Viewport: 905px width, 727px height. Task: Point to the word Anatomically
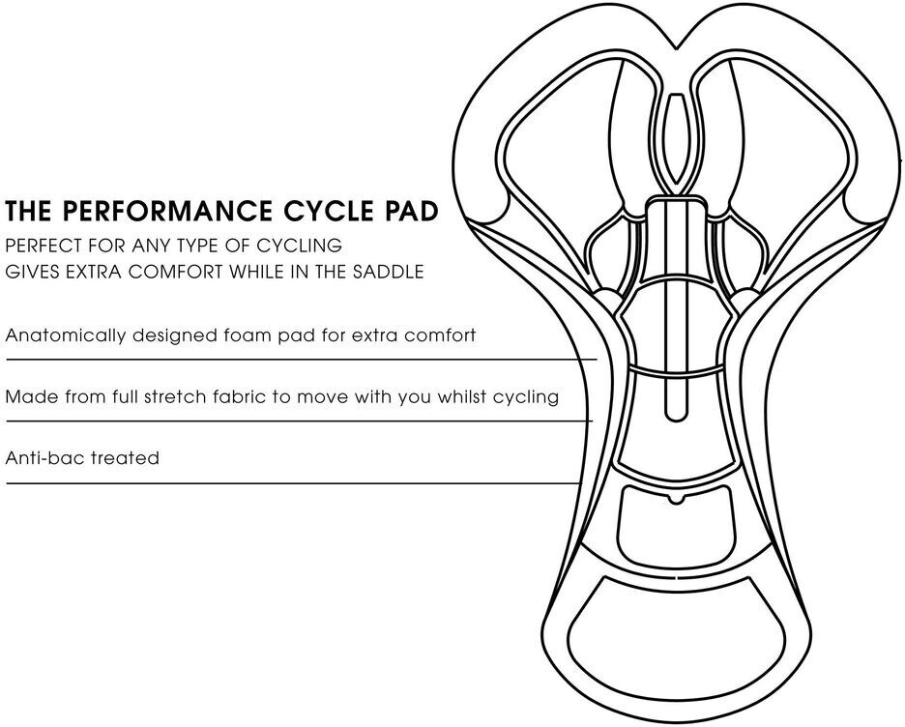65,335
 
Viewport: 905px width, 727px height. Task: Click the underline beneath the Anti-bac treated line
292,483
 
